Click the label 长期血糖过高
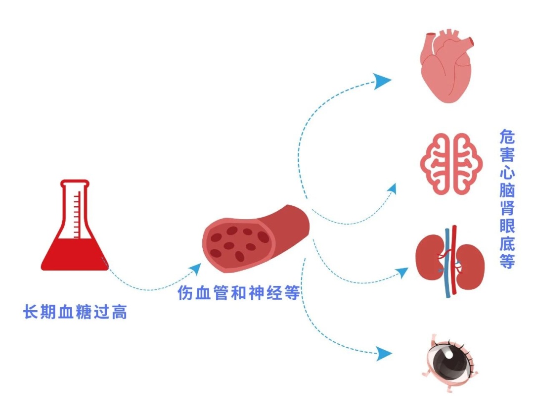click(75, 312)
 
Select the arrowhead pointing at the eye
click(384, 353)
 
